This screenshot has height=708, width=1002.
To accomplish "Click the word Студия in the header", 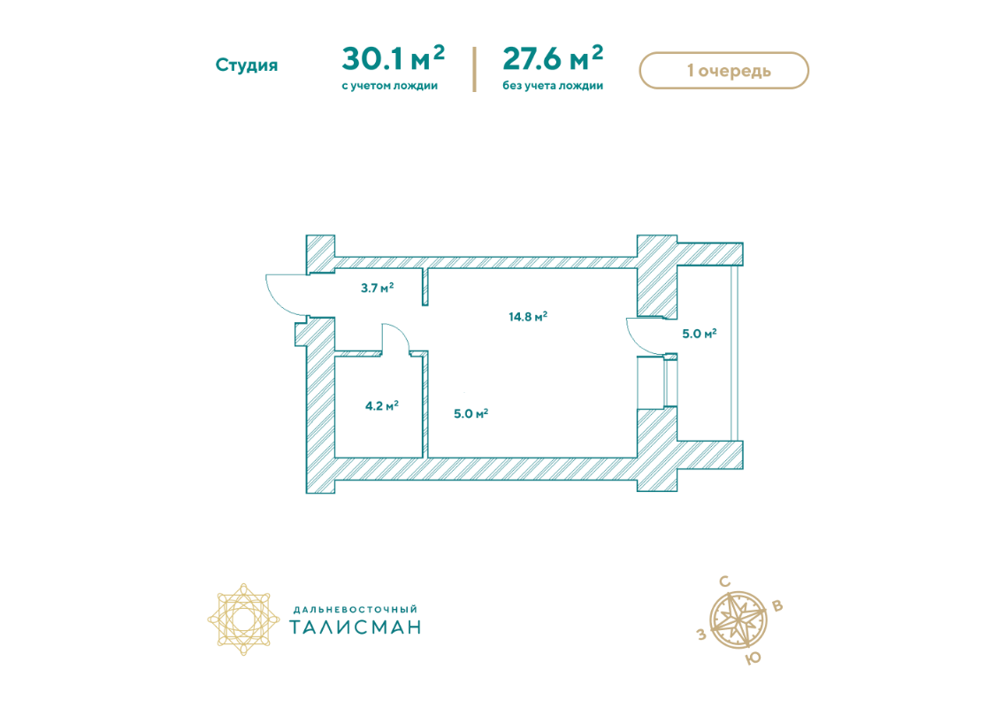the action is [247, 65].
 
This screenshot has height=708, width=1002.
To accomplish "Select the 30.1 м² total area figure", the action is [393, 58].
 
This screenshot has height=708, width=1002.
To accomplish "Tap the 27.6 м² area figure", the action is [553, 58].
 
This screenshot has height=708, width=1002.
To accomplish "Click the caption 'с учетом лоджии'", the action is [389, 86].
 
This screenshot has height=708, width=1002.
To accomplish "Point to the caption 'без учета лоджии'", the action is [553, 86].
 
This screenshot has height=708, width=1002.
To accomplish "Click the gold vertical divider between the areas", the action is [474, 69].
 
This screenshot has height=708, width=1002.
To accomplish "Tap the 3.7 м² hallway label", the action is [377, 288].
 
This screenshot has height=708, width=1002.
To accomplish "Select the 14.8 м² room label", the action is [528, 317].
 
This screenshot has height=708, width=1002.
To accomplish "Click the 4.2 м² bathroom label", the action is [382, 405].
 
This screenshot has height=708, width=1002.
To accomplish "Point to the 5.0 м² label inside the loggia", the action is [699, 334].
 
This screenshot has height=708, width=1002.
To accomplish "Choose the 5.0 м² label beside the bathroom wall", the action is [471, 413].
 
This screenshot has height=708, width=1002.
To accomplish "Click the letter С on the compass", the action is [724, 581].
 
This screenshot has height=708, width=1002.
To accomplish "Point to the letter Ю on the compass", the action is [753, 658].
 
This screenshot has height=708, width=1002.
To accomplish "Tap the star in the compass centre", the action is [739, 619].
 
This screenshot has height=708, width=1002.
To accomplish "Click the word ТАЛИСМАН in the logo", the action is [356, 627].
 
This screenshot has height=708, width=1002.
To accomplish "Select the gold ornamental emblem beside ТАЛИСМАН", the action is [243, 619].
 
